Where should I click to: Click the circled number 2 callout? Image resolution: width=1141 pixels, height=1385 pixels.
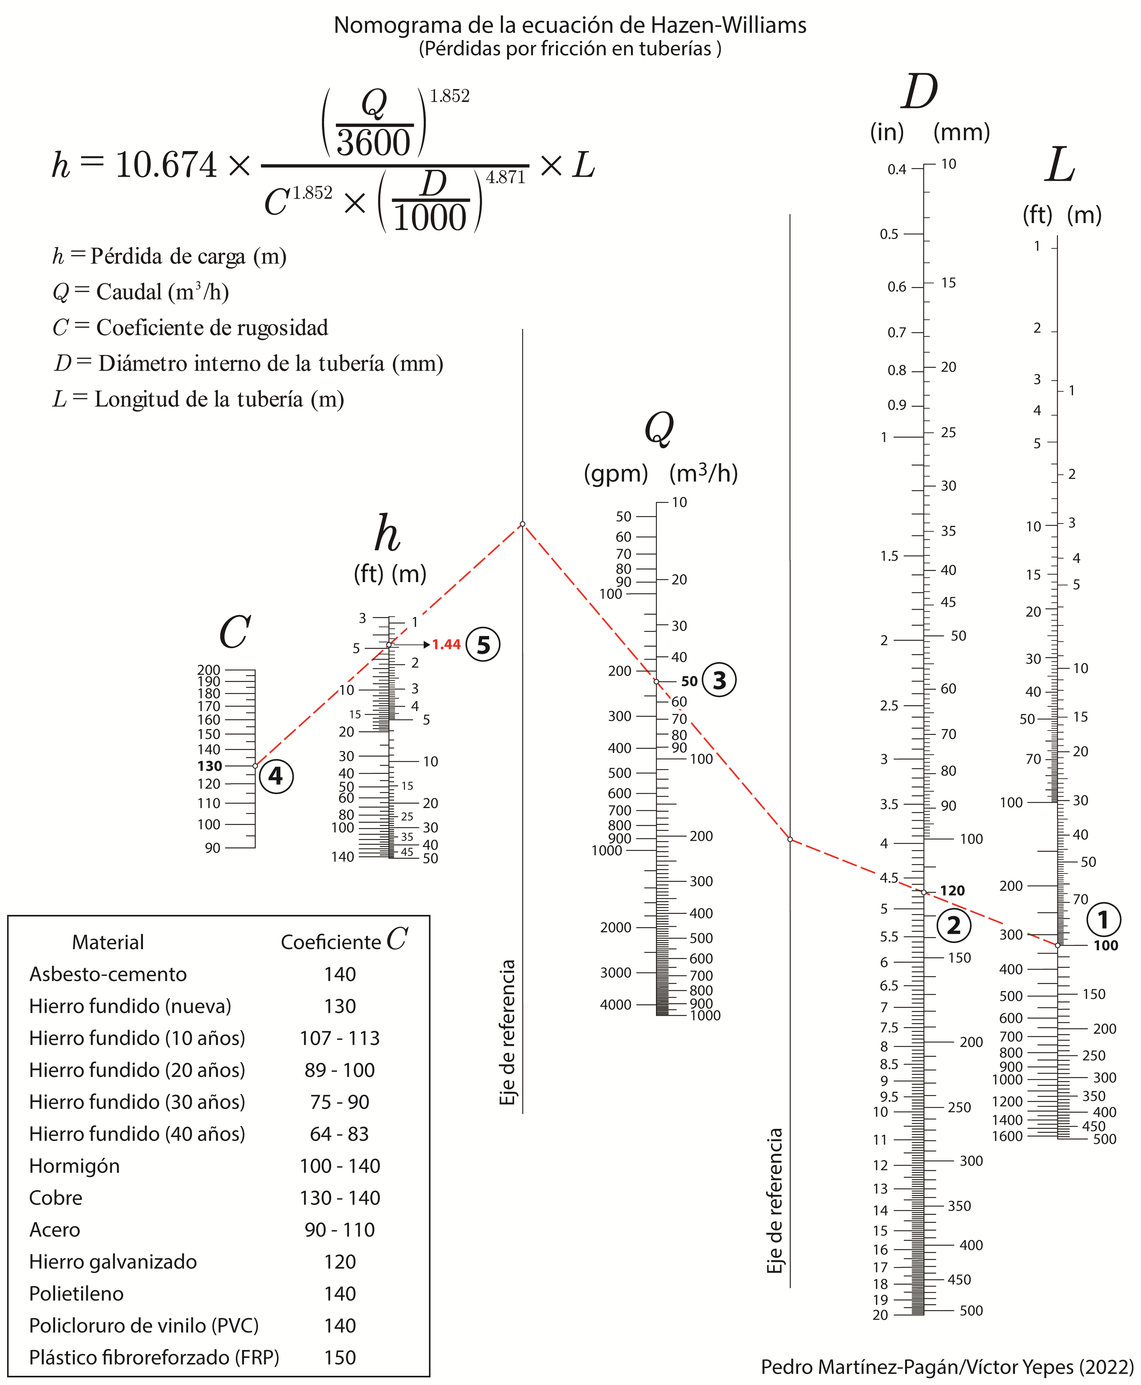click(x=953, y=926)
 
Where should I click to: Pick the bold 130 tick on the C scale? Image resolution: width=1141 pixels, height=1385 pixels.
click(x=210, y=766)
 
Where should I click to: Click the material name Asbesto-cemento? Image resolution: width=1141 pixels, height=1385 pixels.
click(x=108, y=974)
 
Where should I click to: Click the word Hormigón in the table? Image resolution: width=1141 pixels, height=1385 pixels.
click(x=74, y=1166)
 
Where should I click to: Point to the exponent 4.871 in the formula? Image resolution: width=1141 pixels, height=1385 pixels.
click(x=505, y=177)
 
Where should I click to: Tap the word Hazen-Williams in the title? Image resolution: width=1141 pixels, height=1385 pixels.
click(x=728, y=25)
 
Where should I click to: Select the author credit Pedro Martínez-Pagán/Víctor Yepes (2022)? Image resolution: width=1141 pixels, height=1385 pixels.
click(x=947, y=1367)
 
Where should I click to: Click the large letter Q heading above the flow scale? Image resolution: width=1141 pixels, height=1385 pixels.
click(x=659, y=428)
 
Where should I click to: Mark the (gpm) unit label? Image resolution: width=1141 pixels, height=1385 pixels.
click(x=616, y=474)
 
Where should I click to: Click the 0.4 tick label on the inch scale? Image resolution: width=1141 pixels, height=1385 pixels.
click(x=897, y=170)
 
